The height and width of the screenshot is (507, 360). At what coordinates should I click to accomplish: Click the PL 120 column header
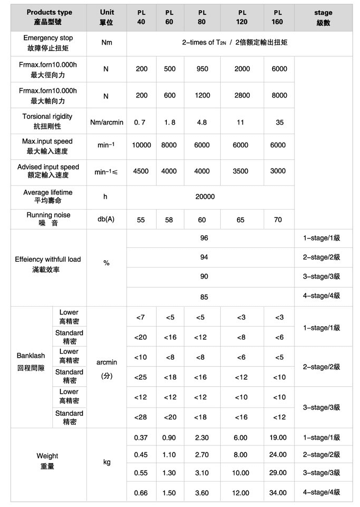tap(242, 17)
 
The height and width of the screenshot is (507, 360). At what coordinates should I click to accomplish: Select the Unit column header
tap(106, 17)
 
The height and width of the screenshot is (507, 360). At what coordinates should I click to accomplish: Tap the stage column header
tap(323, 17)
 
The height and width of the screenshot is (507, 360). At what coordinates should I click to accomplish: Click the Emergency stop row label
tap(48, 42)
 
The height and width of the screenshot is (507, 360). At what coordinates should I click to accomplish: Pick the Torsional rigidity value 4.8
tap(202, 122)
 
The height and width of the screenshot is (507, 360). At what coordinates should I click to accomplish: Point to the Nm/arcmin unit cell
tap(106, 122)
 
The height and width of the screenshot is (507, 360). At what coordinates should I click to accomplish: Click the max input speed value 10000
tap(141, 145)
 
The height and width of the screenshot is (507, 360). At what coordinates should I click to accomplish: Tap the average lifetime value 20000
tap(205, 197)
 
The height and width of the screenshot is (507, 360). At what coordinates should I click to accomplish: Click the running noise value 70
tap(278, 219)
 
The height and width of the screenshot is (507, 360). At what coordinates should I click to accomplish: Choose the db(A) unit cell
tap(106, 219)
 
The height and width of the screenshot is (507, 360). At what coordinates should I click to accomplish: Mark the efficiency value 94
tap(204, 257)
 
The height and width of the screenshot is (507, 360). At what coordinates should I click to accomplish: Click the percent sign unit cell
tap(106, 263)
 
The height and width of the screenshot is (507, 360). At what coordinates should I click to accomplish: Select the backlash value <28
tap(141, 417)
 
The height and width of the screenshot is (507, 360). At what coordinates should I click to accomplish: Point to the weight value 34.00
tap(278, 493)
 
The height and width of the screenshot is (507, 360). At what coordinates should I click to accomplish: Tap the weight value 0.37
tap(141, 438)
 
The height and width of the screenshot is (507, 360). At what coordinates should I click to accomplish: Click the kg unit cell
tap(106, 462)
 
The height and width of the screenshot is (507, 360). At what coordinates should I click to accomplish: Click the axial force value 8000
tap(279, 95)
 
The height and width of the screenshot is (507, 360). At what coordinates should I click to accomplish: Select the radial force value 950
tap(202, 69)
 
